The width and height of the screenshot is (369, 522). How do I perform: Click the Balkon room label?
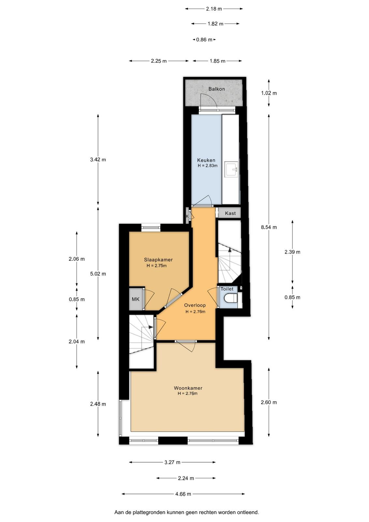point(216,89)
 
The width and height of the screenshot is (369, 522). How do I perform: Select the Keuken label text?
point(206,160)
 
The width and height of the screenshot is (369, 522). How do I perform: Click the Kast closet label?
point(230,213)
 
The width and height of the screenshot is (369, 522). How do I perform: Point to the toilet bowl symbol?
point(231,298)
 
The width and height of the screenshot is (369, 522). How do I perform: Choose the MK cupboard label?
point(136,299)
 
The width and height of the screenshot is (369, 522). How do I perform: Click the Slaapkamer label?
point(158,260)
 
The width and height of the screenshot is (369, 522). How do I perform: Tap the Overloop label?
point(195,305)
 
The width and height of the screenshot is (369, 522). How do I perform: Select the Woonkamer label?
point(188,388)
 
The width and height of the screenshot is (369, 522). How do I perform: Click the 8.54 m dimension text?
point(269,227)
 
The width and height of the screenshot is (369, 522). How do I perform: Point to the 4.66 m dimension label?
point(183,494)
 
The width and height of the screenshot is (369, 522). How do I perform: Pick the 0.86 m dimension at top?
point(204,39)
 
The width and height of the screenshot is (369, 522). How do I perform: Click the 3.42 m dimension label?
point(98,160)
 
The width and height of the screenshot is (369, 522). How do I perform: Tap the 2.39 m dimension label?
point(292,252)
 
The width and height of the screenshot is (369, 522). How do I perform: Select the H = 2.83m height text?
point(208,166)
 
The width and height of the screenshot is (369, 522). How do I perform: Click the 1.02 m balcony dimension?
point(269,93)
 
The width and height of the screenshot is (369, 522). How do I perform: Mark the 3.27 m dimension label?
point(172,462)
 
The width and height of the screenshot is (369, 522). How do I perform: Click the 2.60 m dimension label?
point(269,402)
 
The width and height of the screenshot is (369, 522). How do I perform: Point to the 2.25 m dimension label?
point(159,61)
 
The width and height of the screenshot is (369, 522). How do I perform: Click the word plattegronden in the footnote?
point(147,513)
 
